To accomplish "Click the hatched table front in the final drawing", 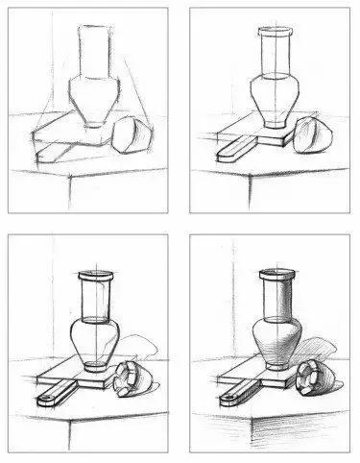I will [x=288, y=432].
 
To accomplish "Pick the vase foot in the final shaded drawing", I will [x=275, y=368].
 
